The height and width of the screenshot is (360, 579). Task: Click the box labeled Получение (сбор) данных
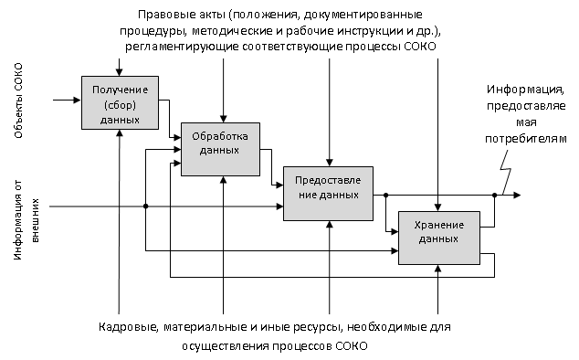point(120,102)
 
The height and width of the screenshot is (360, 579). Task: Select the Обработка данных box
point(220,149)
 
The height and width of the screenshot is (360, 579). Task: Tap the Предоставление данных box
point(328,194)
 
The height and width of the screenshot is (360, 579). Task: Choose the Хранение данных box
point(439,238)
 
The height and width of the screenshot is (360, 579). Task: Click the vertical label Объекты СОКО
point(18,101)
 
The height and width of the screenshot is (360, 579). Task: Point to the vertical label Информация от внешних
point(26,220)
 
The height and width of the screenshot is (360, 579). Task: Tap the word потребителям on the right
point(526,140)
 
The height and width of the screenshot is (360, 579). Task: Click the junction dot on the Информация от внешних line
point(146,206)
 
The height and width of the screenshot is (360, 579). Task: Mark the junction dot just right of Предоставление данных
point(386,196)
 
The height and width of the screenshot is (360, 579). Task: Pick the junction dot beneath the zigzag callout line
point(494,196)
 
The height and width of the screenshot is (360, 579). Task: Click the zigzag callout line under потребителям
point(506,170)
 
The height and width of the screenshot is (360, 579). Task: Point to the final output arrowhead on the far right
point(517,196)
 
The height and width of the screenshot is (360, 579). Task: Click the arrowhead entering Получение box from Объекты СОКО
point(78,100)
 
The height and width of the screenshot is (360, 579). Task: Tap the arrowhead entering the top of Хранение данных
point(438,207)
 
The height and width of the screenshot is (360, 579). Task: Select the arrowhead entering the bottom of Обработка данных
point(223,180)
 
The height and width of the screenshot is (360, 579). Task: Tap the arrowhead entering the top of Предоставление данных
point(330,163)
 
